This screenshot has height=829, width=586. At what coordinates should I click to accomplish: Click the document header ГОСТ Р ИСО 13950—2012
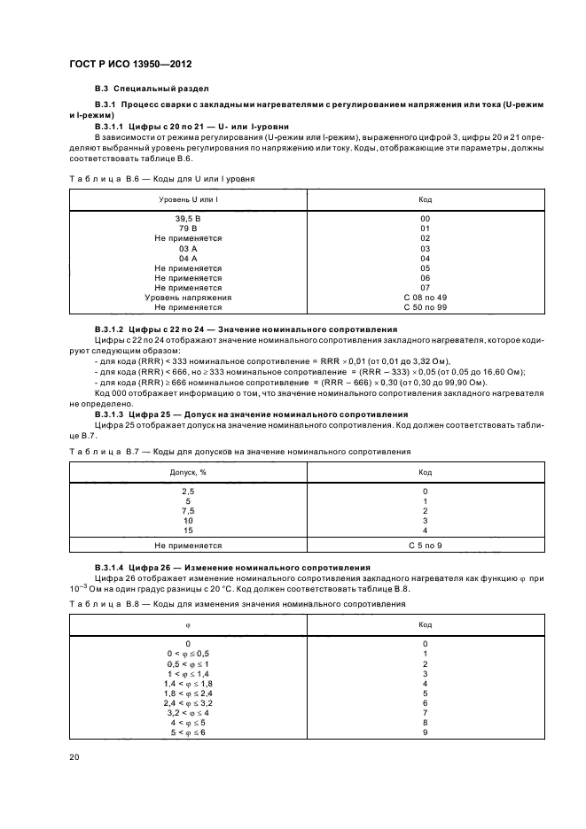tap(129, 65)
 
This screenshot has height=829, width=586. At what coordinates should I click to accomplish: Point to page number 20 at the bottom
tap(74, 757)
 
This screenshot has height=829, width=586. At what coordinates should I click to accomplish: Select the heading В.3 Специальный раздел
tap(152, 89)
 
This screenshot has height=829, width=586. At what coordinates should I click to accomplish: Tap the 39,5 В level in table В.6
tap(187, 219)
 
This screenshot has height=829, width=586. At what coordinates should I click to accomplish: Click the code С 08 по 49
tap(425, 297)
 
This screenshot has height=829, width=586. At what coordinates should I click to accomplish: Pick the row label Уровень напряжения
tap(187, 297)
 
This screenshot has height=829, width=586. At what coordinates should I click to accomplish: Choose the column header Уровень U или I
tap(187, 200)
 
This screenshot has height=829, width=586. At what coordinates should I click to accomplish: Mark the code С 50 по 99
tap(425, 306)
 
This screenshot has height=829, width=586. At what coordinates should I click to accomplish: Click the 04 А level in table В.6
tap(187, 258)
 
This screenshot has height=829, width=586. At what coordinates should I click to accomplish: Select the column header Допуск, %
tap(187, 472)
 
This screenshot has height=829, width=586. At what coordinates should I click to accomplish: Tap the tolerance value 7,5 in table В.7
tap(187, 510)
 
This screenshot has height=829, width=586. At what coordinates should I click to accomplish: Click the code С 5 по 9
tap(425, 546)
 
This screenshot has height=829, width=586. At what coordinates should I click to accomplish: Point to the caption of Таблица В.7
tap(239, 452)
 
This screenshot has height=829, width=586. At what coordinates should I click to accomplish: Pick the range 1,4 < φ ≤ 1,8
tap(187, 684)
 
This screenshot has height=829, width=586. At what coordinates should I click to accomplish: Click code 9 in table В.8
tap(425, 732)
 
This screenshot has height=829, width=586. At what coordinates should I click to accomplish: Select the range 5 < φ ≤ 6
tap(187, 732)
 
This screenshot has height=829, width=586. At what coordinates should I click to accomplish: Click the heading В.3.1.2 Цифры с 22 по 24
tap(246, 329)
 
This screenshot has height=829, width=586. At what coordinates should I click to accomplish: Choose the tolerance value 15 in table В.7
tap(187, 530)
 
